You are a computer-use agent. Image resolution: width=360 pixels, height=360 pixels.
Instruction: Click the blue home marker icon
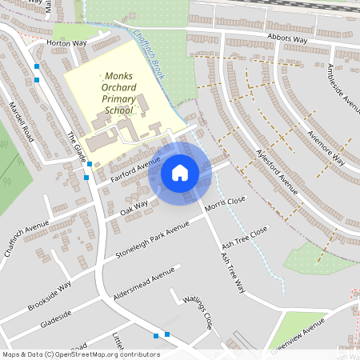(180, 172)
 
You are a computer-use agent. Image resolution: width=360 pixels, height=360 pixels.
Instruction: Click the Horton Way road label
(66, 43)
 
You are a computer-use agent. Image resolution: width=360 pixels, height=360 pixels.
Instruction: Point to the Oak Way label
(134, 209)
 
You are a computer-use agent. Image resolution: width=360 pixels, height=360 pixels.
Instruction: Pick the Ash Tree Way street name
(231, 274)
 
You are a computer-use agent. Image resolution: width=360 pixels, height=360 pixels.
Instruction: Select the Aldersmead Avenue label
(144, 285)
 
